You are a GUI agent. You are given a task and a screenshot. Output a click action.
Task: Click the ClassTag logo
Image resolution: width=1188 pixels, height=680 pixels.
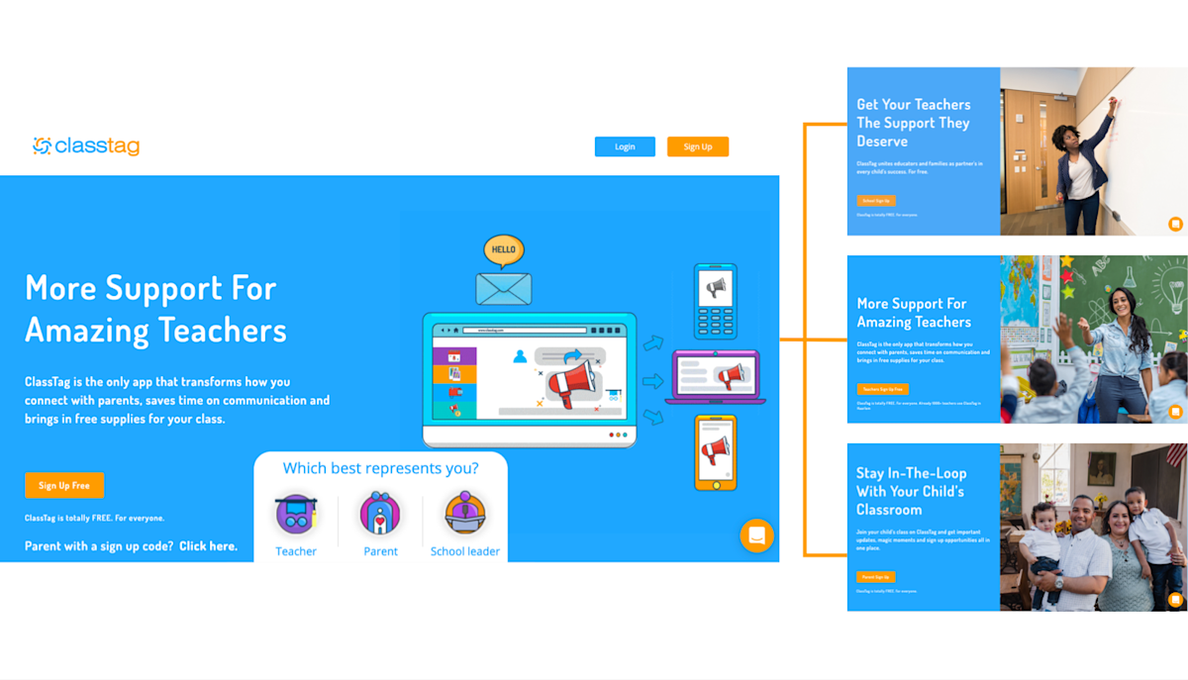tap(86, 146)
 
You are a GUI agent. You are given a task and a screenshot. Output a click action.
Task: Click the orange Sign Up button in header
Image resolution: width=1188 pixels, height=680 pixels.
tap(698, 146)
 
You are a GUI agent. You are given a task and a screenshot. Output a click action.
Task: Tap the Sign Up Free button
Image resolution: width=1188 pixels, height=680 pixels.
tap(64, 486)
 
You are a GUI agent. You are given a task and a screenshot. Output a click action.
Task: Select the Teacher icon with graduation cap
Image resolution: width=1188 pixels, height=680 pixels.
tap(296, 514)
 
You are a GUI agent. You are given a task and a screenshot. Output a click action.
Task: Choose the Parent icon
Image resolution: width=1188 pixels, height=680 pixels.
tap(380, 514)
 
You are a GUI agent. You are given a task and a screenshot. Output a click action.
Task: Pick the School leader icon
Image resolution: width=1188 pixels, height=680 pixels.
tap(464, 514)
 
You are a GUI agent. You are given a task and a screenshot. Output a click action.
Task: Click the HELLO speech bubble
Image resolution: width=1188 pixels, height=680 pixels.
tap(504, 249)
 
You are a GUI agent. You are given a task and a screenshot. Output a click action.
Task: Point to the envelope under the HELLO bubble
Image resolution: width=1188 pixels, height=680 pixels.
tap(504, 288)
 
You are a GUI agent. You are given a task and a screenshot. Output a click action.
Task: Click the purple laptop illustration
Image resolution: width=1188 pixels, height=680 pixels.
tap(715, 377)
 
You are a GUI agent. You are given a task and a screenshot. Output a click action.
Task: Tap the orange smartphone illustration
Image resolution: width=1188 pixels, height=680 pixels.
tap(715, 452)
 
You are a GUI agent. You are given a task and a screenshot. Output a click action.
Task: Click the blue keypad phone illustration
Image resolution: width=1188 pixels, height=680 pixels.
tap(715, 301)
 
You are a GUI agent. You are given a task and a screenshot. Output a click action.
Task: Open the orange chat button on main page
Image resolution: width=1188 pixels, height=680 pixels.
tap(756, 535)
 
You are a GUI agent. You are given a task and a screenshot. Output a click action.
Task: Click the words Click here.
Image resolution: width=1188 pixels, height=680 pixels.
tap(208, 546)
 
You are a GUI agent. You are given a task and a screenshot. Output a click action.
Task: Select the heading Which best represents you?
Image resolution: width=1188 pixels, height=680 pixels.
tap(380, 468)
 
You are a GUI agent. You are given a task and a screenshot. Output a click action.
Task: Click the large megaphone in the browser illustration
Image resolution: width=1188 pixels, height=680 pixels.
tap(573, 381)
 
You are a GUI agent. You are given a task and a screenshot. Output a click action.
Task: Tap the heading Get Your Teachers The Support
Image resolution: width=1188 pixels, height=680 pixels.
tap(914, 123)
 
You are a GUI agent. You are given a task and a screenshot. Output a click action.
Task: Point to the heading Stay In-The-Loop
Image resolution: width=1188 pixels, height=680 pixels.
tap(912, 491)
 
